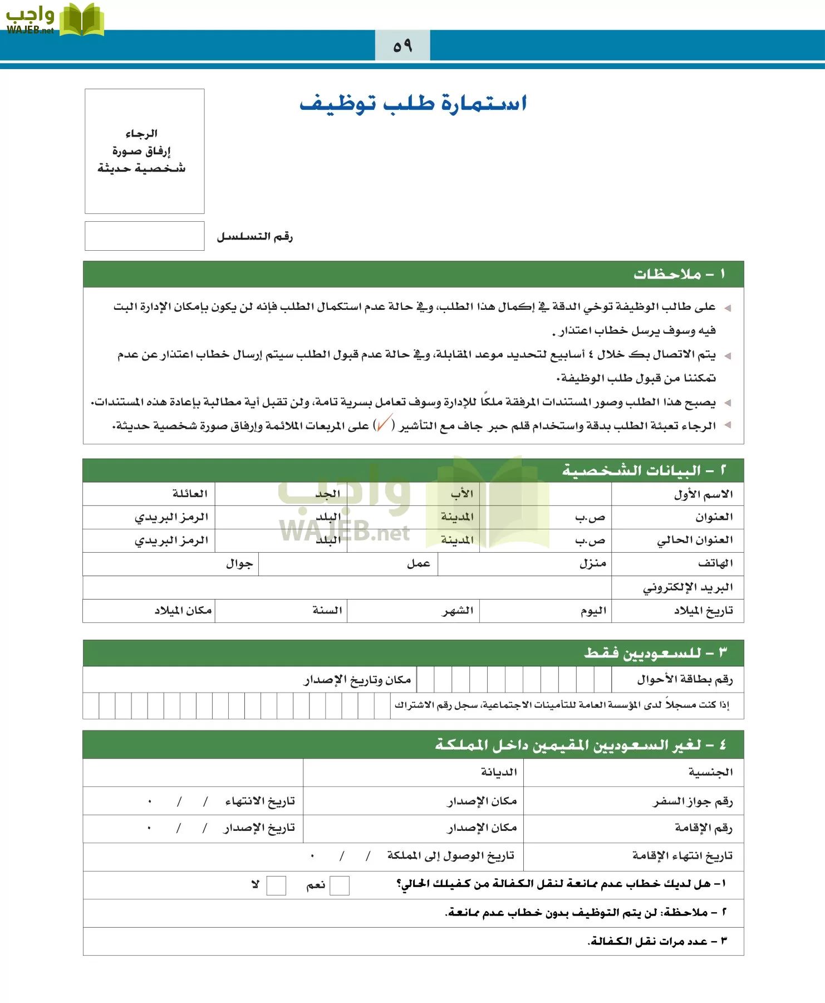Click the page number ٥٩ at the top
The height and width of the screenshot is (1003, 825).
[402, 46]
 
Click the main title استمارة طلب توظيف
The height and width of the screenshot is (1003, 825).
[413, 104]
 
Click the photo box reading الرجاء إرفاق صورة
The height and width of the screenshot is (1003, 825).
[144, 151]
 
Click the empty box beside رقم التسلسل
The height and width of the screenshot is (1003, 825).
[144, 236]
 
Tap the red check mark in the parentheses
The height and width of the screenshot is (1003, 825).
[384, 425]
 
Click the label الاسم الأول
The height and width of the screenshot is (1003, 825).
[703, 494]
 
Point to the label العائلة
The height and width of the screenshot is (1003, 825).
[189, 494]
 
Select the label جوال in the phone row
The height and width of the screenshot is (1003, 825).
[239, 564]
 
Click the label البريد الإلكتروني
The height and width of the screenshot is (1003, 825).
[687, 587]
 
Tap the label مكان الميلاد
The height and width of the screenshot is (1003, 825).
[183, 611]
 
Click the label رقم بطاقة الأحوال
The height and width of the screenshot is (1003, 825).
[685, 679]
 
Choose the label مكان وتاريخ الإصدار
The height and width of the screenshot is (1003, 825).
[357, 680]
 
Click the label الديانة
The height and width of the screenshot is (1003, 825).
[499, 772]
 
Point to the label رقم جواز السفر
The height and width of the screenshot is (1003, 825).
[693, 802]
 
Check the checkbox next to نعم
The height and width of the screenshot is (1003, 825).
[340, 885]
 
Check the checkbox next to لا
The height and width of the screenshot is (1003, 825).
[276, 885]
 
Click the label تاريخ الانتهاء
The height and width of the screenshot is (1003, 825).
[259, 801]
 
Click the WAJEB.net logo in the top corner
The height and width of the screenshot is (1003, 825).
[55, 20]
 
